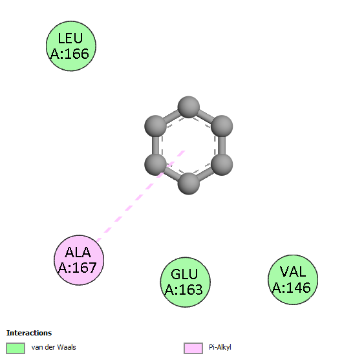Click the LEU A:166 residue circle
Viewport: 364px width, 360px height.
[x=71, y=46]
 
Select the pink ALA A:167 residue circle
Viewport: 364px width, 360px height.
[x=79, y=260]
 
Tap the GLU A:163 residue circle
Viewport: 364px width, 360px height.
[x=186, y=282]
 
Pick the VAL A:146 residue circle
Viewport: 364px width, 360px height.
[x=293, y=279]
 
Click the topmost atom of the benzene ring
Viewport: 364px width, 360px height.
[x=189, y=107]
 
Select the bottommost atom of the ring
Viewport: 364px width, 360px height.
[x=189, y=184]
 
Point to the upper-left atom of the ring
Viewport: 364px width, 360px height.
[x=155, y=126]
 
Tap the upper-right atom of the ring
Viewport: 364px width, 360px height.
[x=222, y=126]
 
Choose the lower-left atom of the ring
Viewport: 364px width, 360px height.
[x=155, y=165]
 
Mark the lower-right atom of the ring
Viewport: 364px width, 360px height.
[x=222, y=165]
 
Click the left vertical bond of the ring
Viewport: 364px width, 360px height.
[x=155, y=145]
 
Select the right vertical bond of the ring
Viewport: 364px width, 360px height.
[x=222, y=145]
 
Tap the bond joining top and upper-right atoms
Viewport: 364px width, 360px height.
[x=205, y=116]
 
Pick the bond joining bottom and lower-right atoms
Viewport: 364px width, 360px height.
[x=205, y=175]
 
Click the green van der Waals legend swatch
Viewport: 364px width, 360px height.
[x=16, y=348]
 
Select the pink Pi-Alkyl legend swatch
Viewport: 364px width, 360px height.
[x=193, y=348]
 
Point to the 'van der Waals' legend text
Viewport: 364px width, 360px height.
[x=54, y=347]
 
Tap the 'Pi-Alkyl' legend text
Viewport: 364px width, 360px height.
[x=220, y=347]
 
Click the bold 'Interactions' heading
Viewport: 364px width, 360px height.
[x=29, y=333]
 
